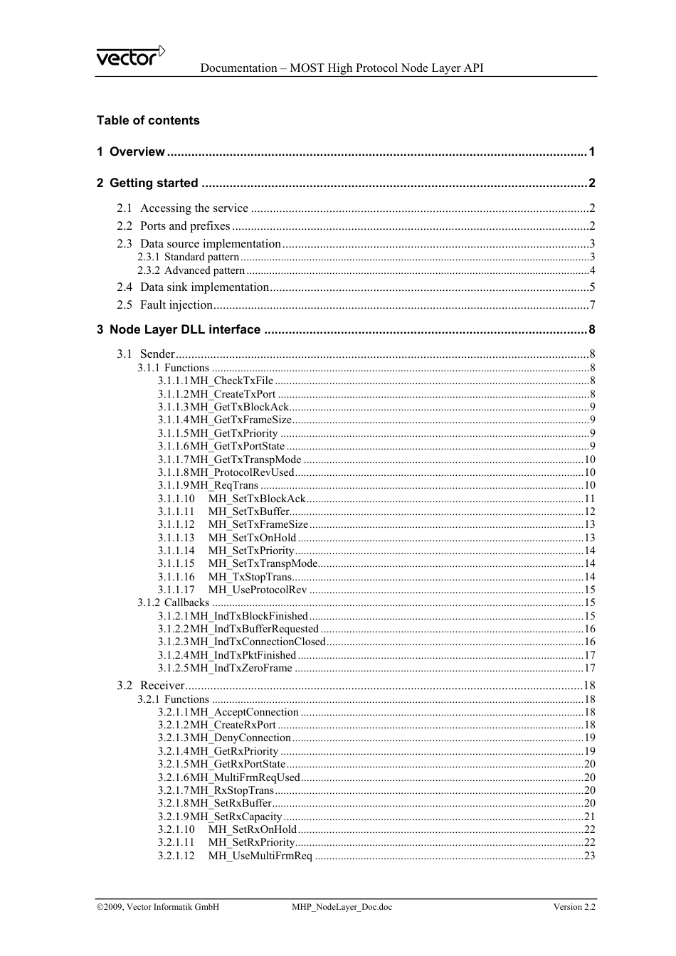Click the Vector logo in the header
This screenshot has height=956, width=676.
tap(131, 56)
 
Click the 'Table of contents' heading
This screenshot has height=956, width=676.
tap(148, 120)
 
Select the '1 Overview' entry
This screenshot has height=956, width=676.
tap(131, 152)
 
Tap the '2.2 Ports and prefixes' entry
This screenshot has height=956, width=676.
tap(174, 226)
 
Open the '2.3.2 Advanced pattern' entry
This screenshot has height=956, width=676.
tap(191, 270)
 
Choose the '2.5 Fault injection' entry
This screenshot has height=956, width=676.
tap(165, 305)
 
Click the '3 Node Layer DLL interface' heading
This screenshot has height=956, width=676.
tap(179, 329)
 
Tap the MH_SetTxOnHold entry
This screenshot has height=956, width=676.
tap(252, 538)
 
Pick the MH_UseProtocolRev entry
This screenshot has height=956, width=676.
tap(257, 590)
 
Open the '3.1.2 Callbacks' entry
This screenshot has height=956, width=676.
tap(174, 602)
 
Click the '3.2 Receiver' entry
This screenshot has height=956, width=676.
tap(151, 686)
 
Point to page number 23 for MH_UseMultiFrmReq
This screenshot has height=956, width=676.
tap(589, 856)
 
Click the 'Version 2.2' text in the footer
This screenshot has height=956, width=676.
tap(574, 907)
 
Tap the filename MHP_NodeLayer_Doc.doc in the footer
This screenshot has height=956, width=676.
tap(342, 907)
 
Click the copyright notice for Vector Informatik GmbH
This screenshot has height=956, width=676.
tap(158, 907)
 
